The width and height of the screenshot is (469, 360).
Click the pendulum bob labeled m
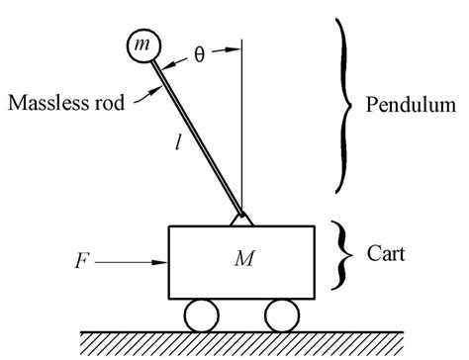142,45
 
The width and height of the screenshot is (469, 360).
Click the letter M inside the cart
241,260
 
